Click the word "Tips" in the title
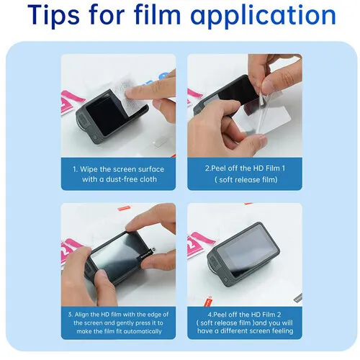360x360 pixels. [53, 15]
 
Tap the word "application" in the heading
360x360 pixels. [263, 15]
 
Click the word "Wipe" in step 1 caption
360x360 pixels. [89, 169]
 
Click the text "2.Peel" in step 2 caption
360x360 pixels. [215, 168]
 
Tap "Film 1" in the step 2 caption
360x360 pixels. [275, 168]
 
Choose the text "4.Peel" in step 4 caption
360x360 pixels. [217, 315]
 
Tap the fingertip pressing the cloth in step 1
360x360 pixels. [132, 92]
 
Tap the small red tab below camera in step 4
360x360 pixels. [208, 301]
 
